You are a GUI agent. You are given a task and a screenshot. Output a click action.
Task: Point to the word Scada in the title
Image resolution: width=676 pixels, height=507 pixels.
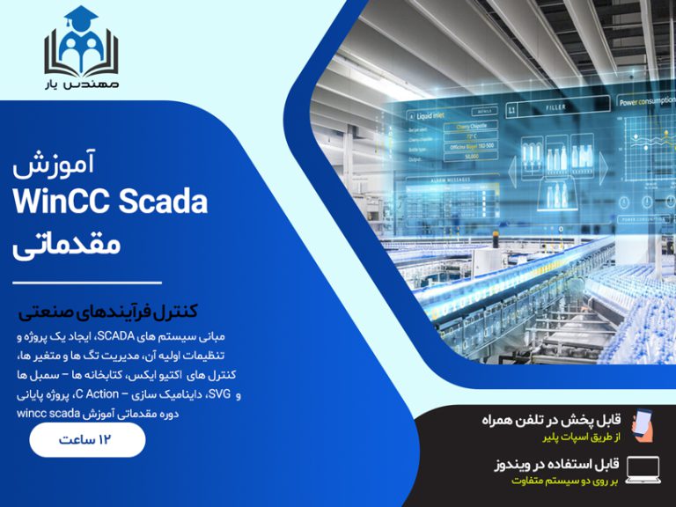162,202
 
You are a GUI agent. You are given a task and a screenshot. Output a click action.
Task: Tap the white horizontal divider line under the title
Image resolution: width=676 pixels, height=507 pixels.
87,283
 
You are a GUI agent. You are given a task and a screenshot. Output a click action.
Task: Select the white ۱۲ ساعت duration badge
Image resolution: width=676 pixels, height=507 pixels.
87,439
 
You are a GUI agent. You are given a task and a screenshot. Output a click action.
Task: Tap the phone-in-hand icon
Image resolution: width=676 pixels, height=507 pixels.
643,423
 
